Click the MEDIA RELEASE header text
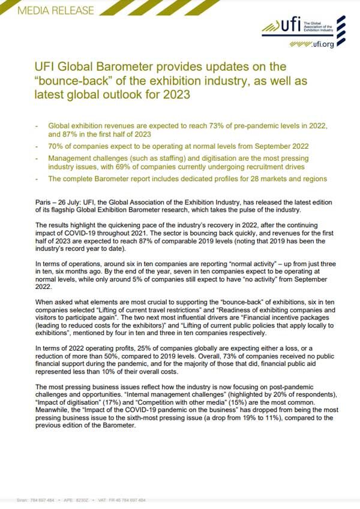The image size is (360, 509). click(x=49, y=10)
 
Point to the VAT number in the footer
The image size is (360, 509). click(x=123, y=499)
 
